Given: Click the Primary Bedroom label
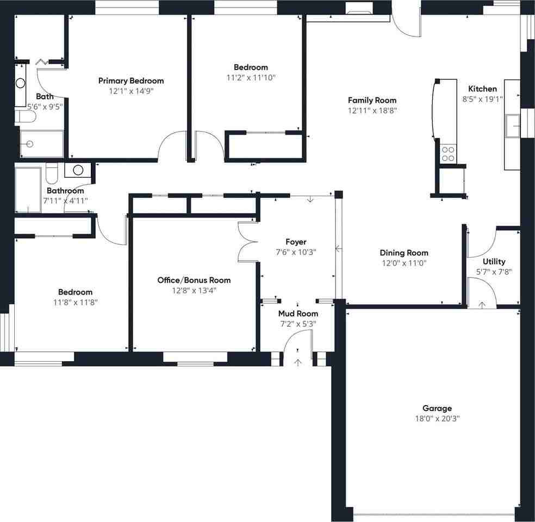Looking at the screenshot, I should click(x=130, y=80).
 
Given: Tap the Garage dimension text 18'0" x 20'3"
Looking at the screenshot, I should click(x=437, y=419).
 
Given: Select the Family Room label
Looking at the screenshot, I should click(x=372, y=100).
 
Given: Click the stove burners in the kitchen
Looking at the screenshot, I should click(x=449, y=153).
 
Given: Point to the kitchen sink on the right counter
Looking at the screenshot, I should click(x=512, y=127).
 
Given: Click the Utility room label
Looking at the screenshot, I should click(x=494, y=262).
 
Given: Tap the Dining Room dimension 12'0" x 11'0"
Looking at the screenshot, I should click(x=403, y=263).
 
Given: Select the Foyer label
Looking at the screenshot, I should click(x=296, y=242).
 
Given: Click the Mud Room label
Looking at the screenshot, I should click(x=298, y=314).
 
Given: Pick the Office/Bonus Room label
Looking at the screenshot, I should click(x=194, y=280).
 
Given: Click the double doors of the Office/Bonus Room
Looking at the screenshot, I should click(x=247, y=242).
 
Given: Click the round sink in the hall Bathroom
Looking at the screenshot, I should click(x=78, y=170).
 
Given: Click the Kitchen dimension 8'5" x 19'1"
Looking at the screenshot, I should click(x=482, y=99).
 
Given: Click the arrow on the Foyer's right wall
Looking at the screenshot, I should click(x=338, y=249).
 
